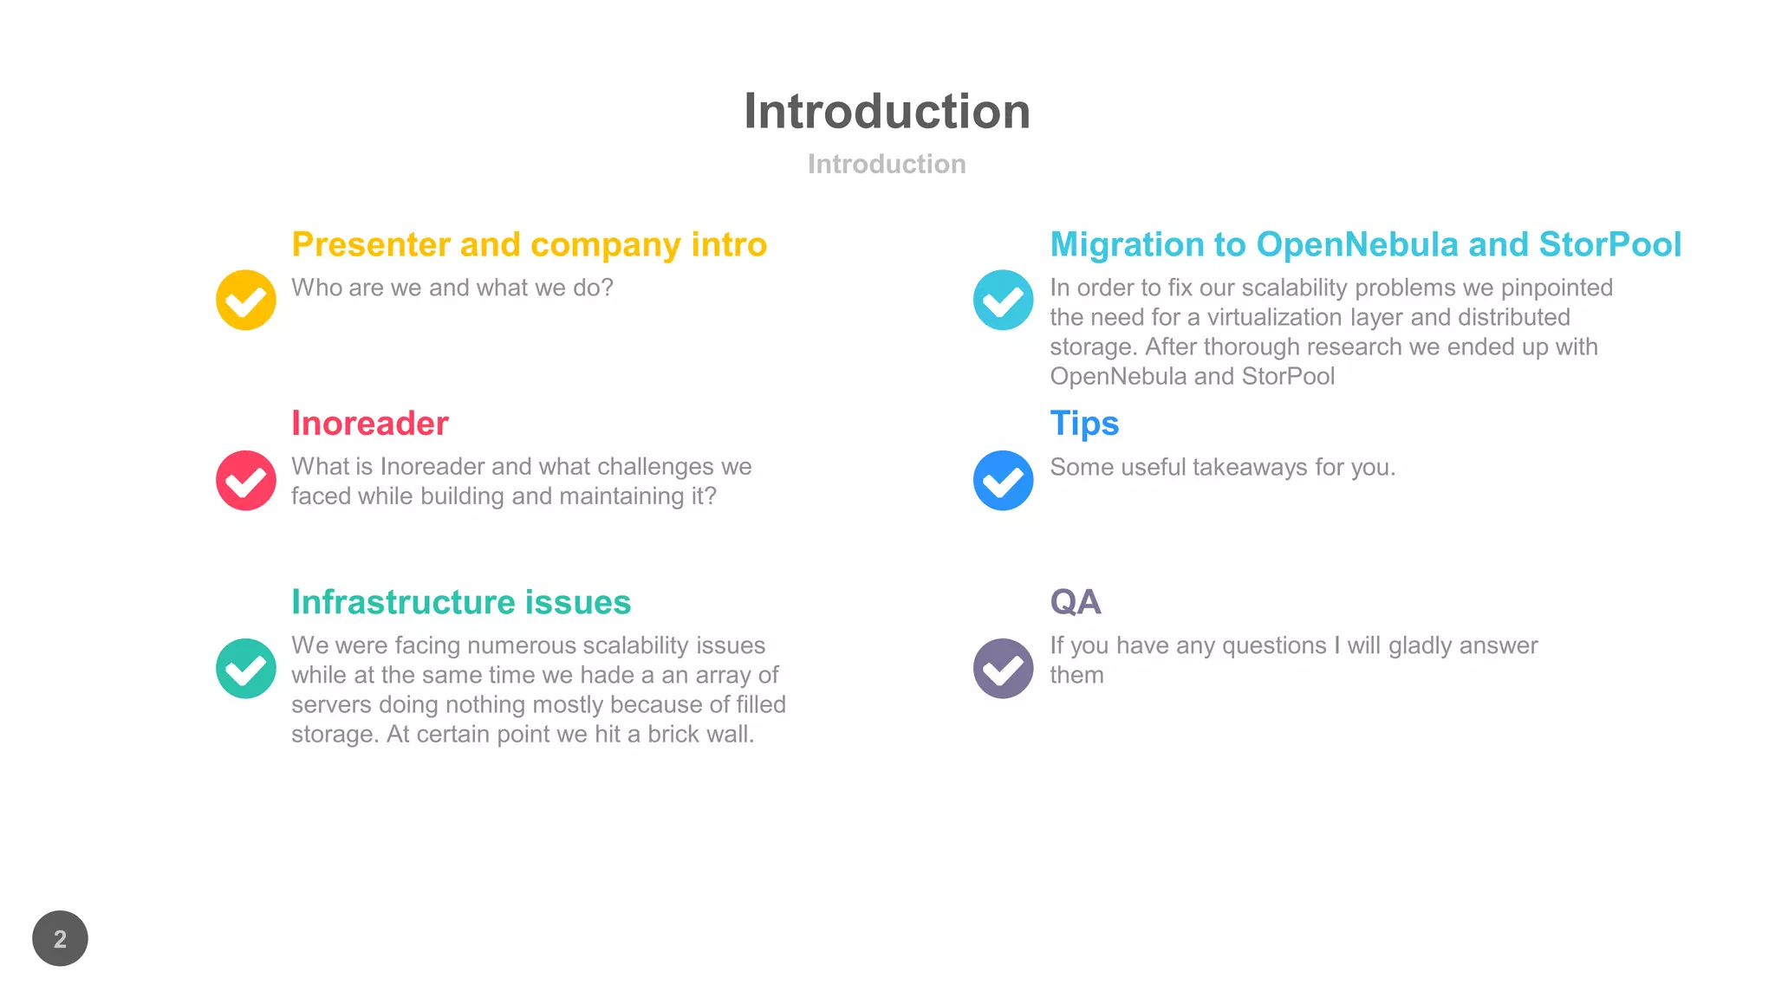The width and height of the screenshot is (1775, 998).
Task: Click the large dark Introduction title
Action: (x=887, y=112)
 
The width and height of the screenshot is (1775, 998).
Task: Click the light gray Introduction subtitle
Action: (x=887, y=164)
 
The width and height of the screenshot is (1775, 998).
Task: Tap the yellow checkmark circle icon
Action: (x=246, y=300)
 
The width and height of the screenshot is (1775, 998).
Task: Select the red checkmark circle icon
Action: (x=246, y=480)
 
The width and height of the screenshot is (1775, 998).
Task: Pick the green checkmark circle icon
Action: (x=246, y=668)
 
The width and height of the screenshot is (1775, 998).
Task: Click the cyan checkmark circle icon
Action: (x=1003, y=300)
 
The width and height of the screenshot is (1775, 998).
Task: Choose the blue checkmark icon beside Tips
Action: (x=1003, y=480)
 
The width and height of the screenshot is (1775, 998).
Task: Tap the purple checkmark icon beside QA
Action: (x=1003, y=668)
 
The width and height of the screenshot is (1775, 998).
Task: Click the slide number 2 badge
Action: (x=60, y=938)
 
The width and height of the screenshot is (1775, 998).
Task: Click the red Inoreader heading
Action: (x=370, y=424)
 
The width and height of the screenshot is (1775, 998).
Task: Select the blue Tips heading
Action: (x=1084, y=424)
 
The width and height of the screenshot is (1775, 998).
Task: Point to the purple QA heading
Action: (x=1076, y=602)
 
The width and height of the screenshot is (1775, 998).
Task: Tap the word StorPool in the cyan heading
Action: (x=1609, y=245)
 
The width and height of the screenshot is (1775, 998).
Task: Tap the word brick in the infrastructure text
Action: (x=672, y=734)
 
